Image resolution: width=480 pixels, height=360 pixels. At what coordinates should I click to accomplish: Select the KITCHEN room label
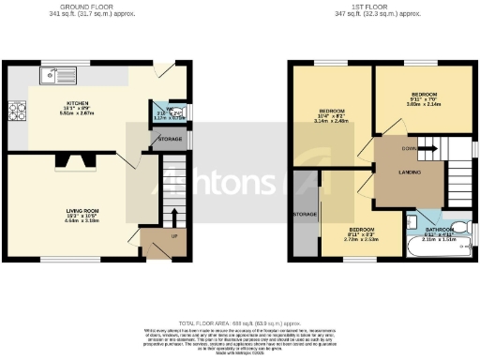(77, 103)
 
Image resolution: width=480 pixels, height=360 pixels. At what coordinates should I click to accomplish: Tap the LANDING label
(411, 172)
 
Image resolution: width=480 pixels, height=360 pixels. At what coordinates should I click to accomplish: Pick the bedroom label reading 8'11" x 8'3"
(363, 233)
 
